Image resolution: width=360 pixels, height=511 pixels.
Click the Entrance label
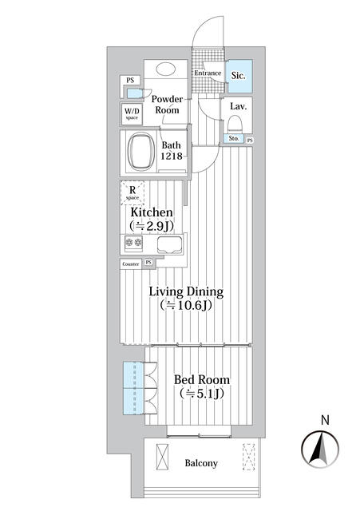[x=207, y=73]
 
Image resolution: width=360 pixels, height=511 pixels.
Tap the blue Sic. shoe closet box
[x=239, y=74]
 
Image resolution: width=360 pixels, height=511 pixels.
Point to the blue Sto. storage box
[x=234, y=139]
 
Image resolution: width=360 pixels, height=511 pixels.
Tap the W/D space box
[x=131, y=113]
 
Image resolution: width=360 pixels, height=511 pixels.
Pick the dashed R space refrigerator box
[x=133, y=193]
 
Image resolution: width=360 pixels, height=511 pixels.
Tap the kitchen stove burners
[x=133, y=244]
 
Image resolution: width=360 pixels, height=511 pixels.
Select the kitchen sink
[x=169, y=244]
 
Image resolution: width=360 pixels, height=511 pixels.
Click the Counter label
[x=131, y=263]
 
